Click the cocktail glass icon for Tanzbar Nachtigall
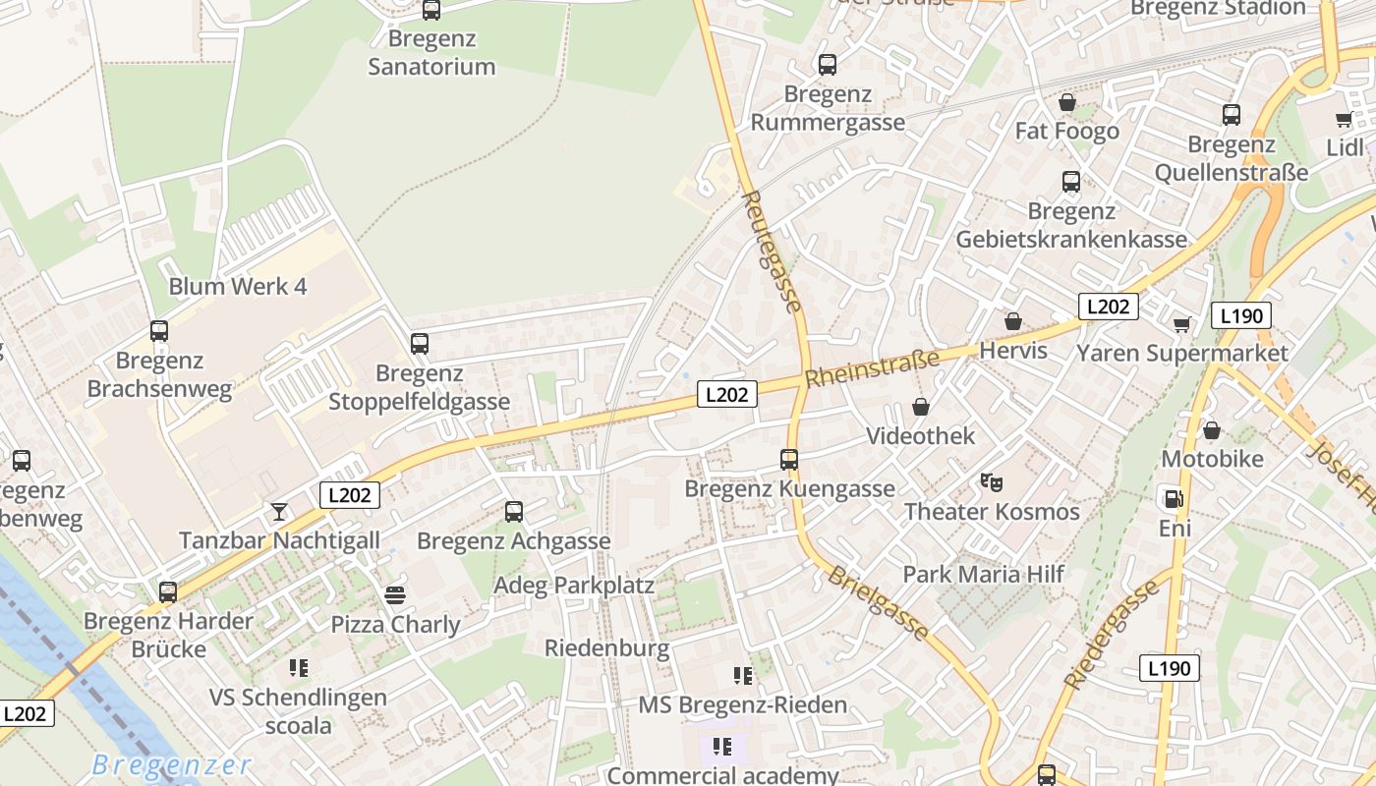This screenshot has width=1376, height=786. click(x=279, y=512)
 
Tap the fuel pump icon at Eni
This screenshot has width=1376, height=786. click(x=1172, y=498)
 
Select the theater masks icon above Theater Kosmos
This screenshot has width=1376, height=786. click(x=991, y=482)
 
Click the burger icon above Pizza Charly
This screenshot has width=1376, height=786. click(x=395, y=594)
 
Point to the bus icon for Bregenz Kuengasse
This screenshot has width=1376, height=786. click(x=788, y=459)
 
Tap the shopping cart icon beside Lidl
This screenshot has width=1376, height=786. click(x=1344, y=120)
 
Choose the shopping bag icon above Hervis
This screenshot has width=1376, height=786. click(x=1013, y=321)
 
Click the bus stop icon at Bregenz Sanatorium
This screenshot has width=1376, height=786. click(x=430, y=11)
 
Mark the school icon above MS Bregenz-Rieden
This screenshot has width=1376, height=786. click(x=743, y=675)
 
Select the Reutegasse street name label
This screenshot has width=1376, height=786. click(x=771, y=252)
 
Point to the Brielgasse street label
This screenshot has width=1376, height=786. click(x=877, y=603)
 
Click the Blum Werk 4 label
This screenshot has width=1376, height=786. click(x=238, y=287)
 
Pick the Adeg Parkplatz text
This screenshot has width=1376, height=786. click(x=574, y=586)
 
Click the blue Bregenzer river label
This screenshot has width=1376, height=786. click(x=172, y=764)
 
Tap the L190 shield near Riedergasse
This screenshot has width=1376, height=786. click(x=1170, y=668)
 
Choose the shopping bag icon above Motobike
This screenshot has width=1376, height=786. click(x=1212, y=430)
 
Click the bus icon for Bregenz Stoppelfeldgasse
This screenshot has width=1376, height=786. click(x=420, y=344)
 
